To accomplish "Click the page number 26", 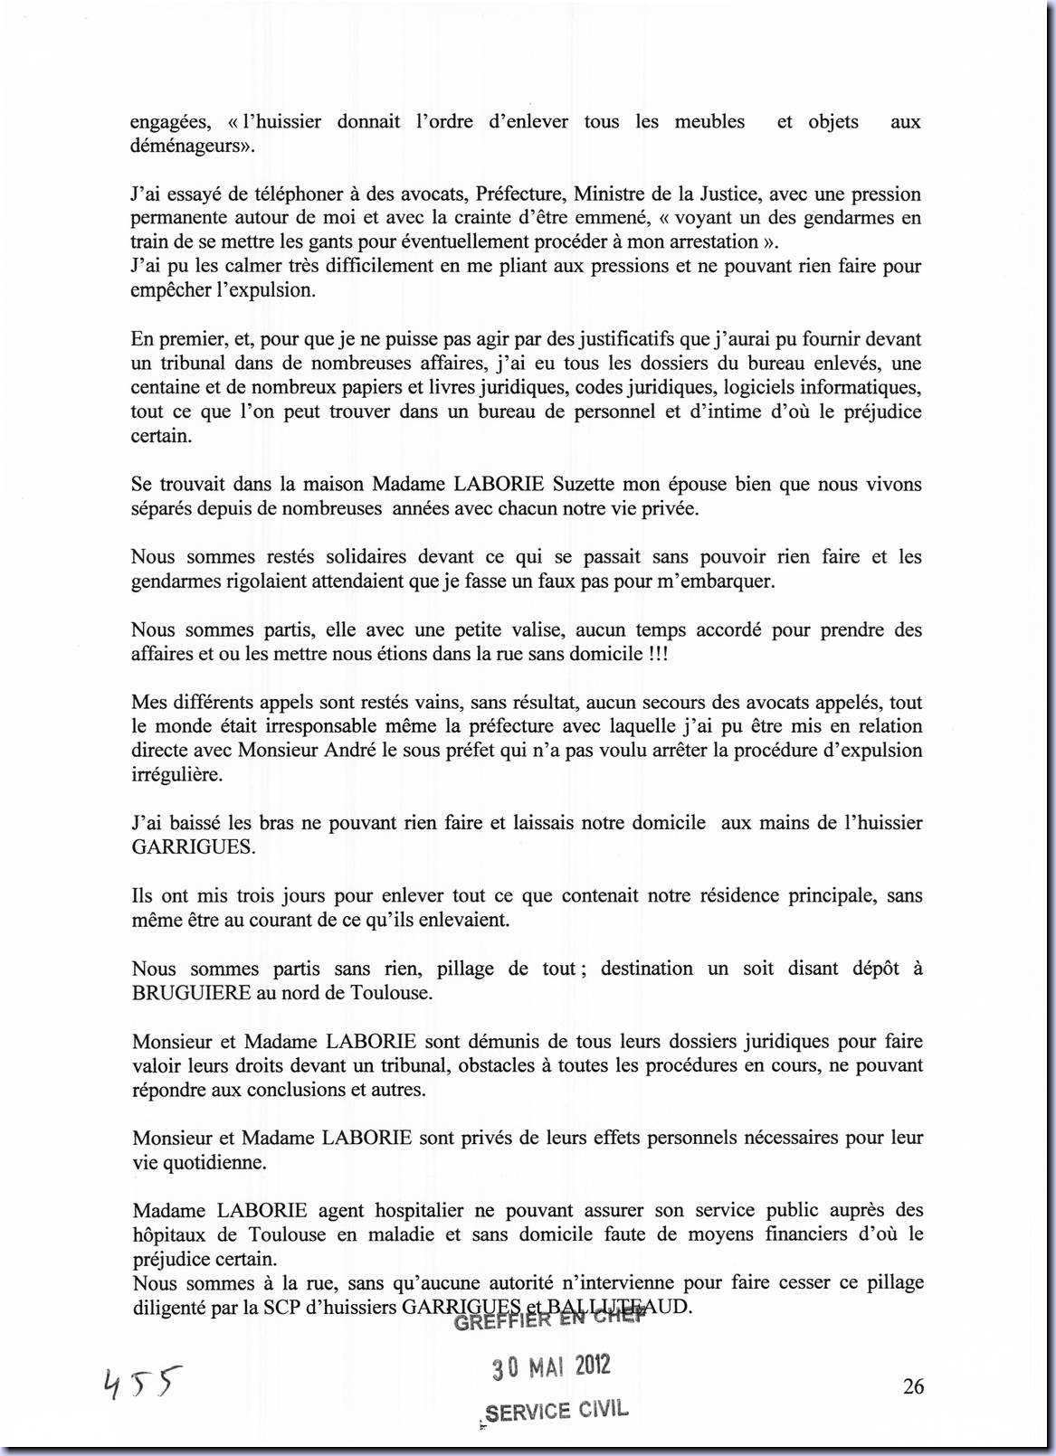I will click(913, 1385).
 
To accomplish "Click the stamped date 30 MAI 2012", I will click(551, 1366).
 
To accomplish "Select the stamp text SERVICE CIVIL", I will click(557, 1412).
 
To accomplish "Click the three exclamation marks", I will click(658, 653).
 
